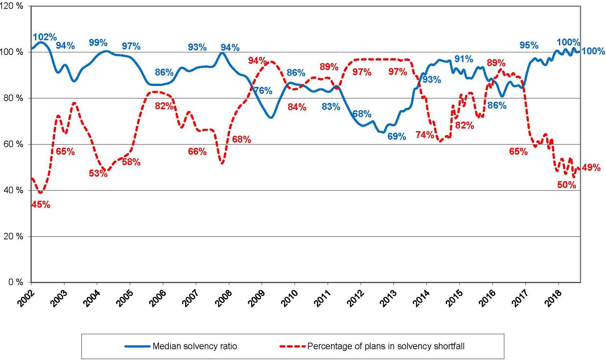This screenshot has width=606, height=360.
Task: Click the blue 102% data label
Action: coord(45,37)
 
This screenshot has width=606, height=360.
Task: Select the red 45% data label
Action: coord(41,205)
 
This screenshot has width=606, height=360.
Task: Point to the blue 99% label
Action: coord(98,43)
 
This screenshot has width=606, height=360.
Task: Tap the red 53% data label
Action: coord(98,173)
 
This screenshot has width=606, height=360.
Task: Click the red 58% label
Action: coord(131,162)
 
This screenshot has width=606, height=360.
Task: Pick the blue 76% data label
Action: coord(263,91)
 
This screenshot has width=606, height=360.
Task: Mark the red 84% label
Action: coord(297,107)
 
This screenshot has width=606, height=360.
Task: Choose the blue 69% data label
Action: coord(397,136)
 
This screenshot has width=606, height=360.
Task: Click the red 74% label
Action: coord(425,135)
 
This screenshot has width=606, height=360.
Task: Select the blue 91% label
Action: coord(464,59)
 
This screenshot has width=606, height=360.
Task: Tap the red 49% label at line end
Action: coord(591,168)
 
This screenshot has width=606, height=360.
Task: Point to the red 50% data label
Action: coord(566,185)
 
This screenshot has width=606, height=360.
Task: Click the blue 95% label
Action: coord(529,45)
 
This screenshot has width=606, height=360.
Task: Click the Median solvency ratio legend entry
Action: coord(195,346)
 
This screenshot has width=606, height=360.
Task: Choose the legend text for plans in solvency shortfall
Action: coord(386,346)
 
